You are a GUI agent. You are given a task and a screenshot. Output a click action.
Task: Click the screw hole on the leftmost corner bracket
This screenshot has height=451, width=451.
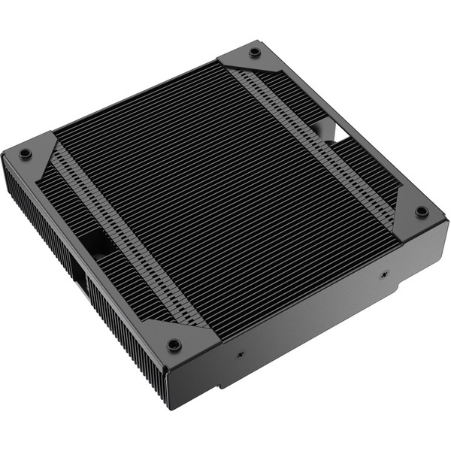(x=25, y=153)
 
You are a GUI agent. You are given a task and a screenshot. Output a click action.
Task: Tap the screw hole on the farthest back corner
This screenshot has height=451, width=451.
(x=255, y=52)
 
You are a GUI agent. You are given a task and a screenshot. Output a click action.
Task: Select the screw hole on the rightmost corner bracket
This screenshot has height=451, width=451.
(x=422, y=211)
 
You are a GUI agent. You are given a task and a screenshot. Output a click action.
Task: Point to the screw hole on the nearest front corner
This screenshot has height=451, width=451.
(x=174, y=345)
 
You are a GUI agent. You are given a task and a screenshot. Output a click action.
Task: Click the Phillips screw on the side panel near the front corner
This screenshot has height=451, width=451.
(x=241, y=353)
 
